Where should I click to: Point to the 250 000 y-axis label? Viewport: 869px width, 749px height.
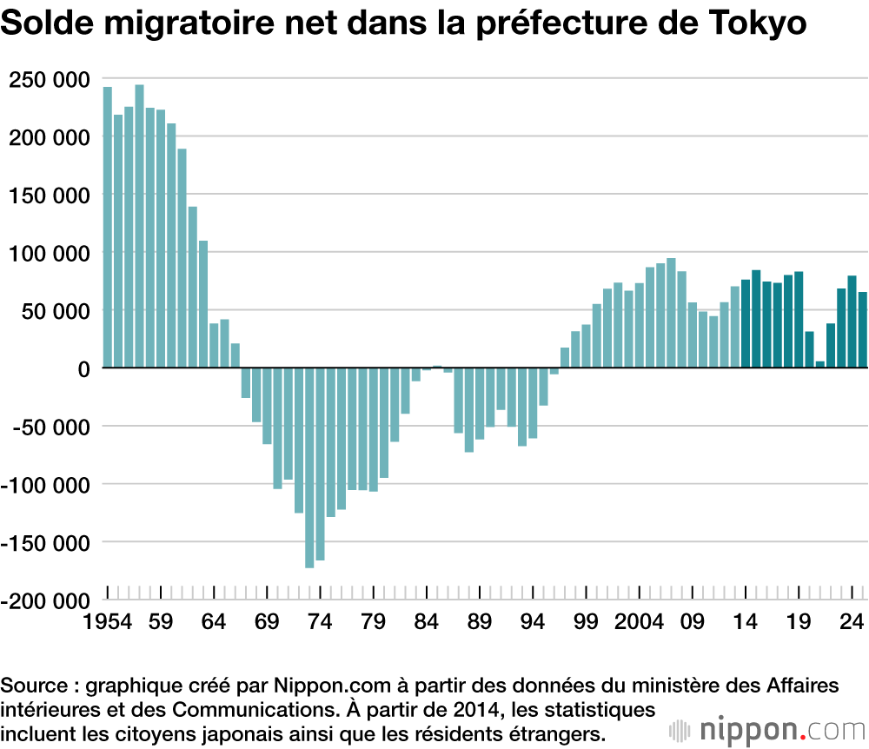click(48, 80)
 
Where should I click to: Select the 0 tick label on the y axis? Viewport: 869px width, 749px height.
click(84, 368)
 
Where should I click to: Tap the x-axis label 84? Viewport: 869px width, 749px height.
click(426, 622)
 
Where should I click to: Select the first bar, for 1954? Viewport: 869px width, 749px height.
click(108, 227)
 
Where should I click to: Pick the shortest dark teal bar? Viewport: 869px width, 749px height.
click(819, 364)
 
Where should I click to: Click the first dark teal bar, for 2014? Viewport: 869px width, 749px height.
click(746, 323)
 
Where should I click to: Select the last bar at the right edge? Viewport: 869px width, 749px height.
click(863, 329)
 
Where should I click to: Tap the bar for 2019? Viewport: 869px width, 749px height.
click(799, 319)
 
